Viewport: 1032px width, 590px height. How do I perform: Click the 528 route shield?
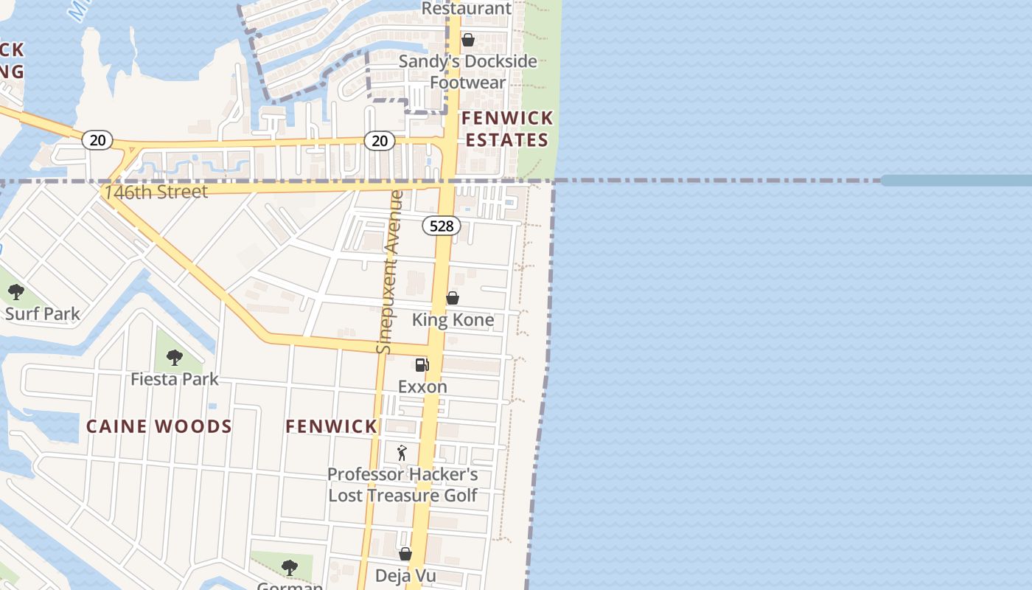[442, 226]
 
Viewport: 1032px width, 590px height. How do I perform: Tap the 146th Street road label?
[156, 192]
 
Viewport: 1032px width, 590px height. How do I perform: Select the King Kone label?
[453, 320]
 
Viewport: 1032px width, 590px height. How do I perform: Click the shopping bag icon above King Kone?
[453, 298]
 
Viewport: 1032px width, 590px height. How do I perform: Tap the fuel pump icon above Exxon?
[422, 364]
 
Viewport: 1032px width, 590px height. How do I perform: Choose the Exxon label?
[422, 386]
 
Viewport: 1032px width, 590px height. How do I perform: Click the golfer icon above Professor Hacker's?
[402, 453]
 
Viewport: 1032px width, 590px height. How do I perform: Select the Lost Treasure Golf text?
[402, 496]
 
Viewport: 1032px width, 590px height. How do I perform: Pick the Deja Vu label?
[405, 576]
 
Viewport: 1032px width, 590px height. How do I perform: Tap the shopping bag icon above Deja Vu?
[405, 554]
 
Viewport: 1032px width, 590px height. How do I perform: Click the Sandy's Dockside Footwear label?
[467, 72]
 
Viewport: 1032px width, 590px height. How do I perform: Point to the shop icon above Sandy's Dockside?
[468, 40]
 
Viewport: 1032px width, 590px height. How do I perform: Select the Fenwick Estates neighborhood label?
[507, 129]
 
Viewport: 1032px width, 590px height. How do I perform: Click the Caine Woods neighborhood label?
[159, 426]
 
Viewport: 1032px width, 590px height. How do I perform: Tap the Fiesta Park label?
[175, 379]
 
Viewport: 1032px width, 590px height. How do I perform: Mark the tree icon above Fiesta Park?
[175, 358]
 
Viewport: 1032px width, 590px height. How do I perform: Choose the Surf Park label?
[43, 313]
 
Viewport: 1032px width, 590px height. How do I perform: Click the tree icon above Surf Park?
[16, 292]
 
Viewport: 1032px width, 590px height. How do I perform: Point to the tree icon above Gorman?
[290, 567]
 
